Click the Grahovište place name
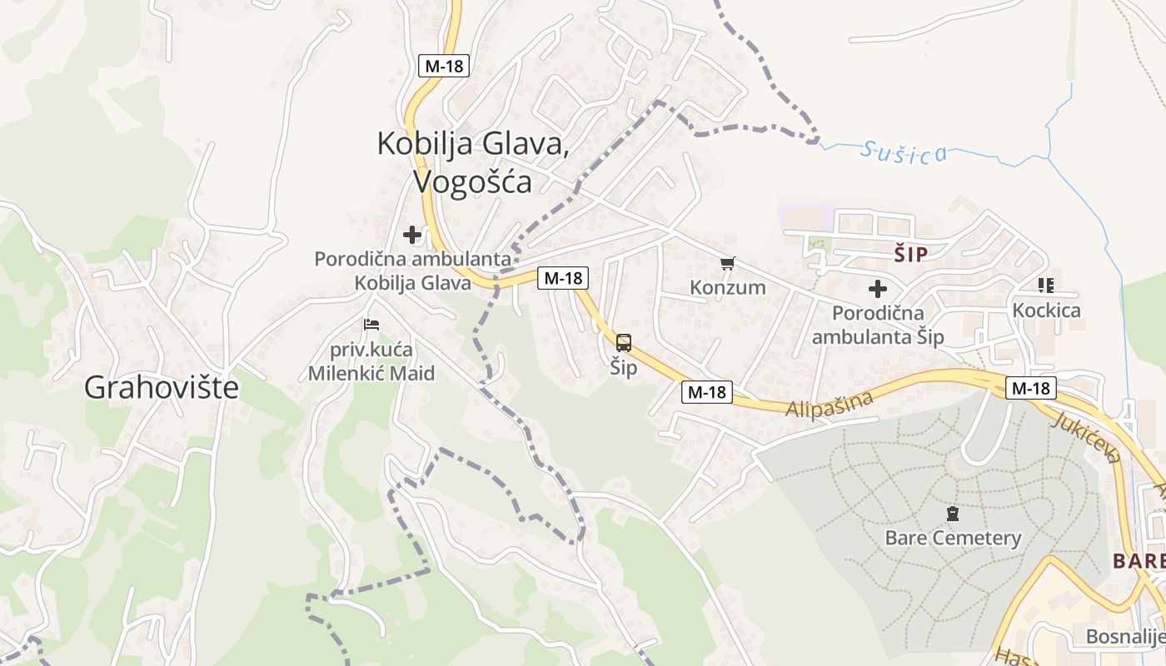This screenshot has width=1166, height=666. (x=162, y=387)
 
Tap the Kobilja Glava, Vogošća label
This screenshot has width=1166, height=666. (x=473, y=162)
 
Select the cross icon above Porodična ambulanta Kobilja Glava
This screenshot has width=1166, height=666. (x=412, y=235)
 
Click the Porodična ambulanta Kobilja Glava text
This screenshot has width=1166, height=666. (x=412, y=271)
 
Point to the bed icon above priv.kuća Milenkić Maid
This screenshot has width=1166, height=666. (x=371, y=324)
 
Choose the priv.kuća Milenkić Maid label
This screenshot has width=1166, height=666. (x=371, y=361)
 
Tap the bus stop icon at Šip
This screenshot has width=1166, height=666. (x=623, y=342)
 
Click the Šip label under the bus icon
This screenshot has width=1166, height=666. (x=623, y=367)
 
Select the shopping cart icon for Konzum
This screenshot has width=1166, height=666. (x=727, y=264)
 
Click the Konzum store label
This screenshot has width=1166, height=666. (x=727, y=287)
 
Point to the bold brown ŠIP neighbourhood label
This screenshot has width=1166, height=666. (x=910, y=255)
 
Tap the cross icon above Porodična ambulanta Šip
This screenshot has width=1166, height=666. (x=878, y=289)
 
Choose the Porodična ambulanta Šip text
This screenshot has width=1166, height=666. (x=878, y=325)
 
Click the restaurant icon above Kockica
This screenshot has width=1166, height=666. (x=1046, y=286)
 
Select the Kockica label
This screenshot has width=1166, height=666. (x=1046, y=311)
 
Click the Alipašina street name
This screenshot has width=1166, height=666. (x=830, y=404)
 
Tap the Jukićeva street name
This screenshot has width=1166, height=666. (x=1085, y=435)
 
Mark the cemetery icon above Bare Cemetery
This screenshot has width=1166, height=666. (x=953, y=514)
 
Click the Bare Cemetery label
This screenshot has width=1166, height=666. (x=953, y=538)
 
